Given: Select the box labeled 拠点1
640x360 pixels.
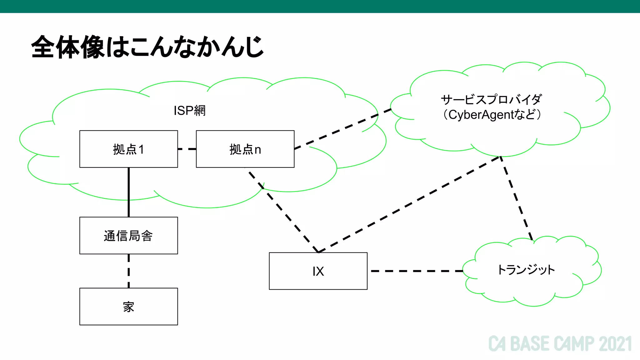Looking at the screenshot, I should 128,149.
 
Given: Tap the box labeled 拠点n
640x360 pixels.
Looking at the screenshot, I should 245,149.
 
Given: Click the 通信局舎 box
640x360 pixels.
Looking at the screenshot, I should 128,236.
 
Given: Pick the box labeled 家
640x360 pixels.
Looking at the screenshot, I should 128,307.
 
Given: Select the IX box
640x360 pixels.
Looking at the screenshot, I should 318,271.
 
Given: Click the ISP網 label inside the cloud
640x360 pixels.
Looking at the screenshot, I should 189,111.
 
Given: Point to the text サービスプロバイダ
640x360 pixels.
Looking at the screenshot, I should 491,100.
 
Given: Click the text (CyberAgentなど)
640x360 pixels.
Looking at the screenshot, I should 491,115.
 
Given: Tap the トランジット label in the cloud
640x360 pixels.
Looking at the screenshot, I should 526,270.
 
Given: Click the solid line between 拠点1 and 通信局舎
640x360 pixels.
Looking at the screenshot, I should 129,192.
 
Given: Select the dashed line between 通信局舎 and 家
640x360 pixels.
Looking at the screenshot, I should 129,271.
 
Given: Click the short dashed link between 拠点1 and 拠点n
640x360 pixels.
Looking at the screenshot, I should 187,149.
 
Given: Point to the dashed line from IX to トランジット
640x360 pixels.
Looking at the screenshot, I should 416,271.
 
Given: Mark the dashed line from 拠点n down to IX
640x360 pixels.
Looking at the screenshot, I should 283,211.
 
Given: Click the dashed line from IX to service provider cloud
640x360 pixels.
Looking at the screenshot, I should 409,204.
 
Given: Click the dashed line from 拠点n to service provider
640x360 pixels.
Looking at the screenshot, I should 342,128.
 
